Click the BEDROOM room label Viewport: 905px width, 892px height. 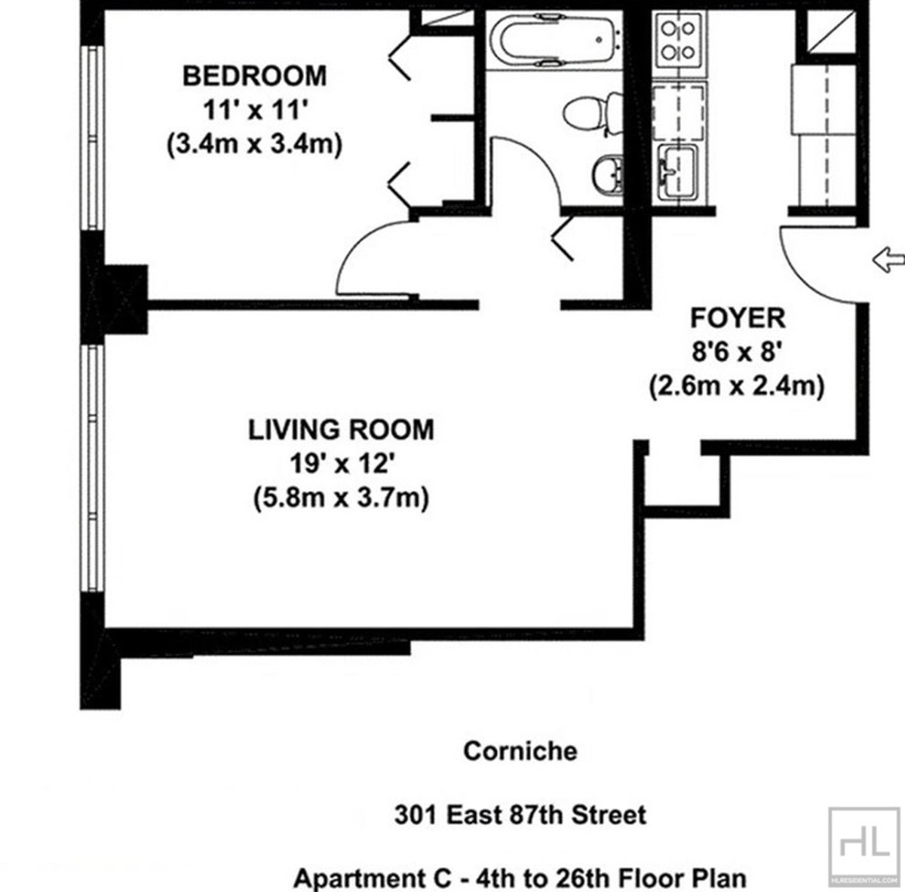(x=255, y=76)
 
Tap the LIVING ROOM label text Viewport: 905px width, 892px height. (x=341, y=429)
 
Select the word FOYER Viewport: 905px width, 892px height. (x=737, y=319)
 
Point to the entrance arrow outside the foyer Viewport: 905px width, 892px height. (x=888, y=261)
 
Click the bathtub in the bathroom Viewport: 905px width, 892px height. (x=554, y=41)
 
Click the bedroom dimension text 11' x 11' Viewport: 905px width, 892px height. (x=255, y=110)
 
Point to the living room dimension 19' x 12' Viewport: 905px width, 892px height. (x=341, y=463)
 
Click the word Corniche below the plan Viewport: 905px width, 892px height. (x=520, y=751)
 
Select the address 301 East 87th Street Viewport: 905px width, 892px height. (x=520, y=815)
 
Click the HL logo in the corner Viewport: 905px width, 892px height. (x=864, y=843)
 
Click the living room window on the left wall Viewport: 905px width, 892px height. (x=92, y=471)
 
